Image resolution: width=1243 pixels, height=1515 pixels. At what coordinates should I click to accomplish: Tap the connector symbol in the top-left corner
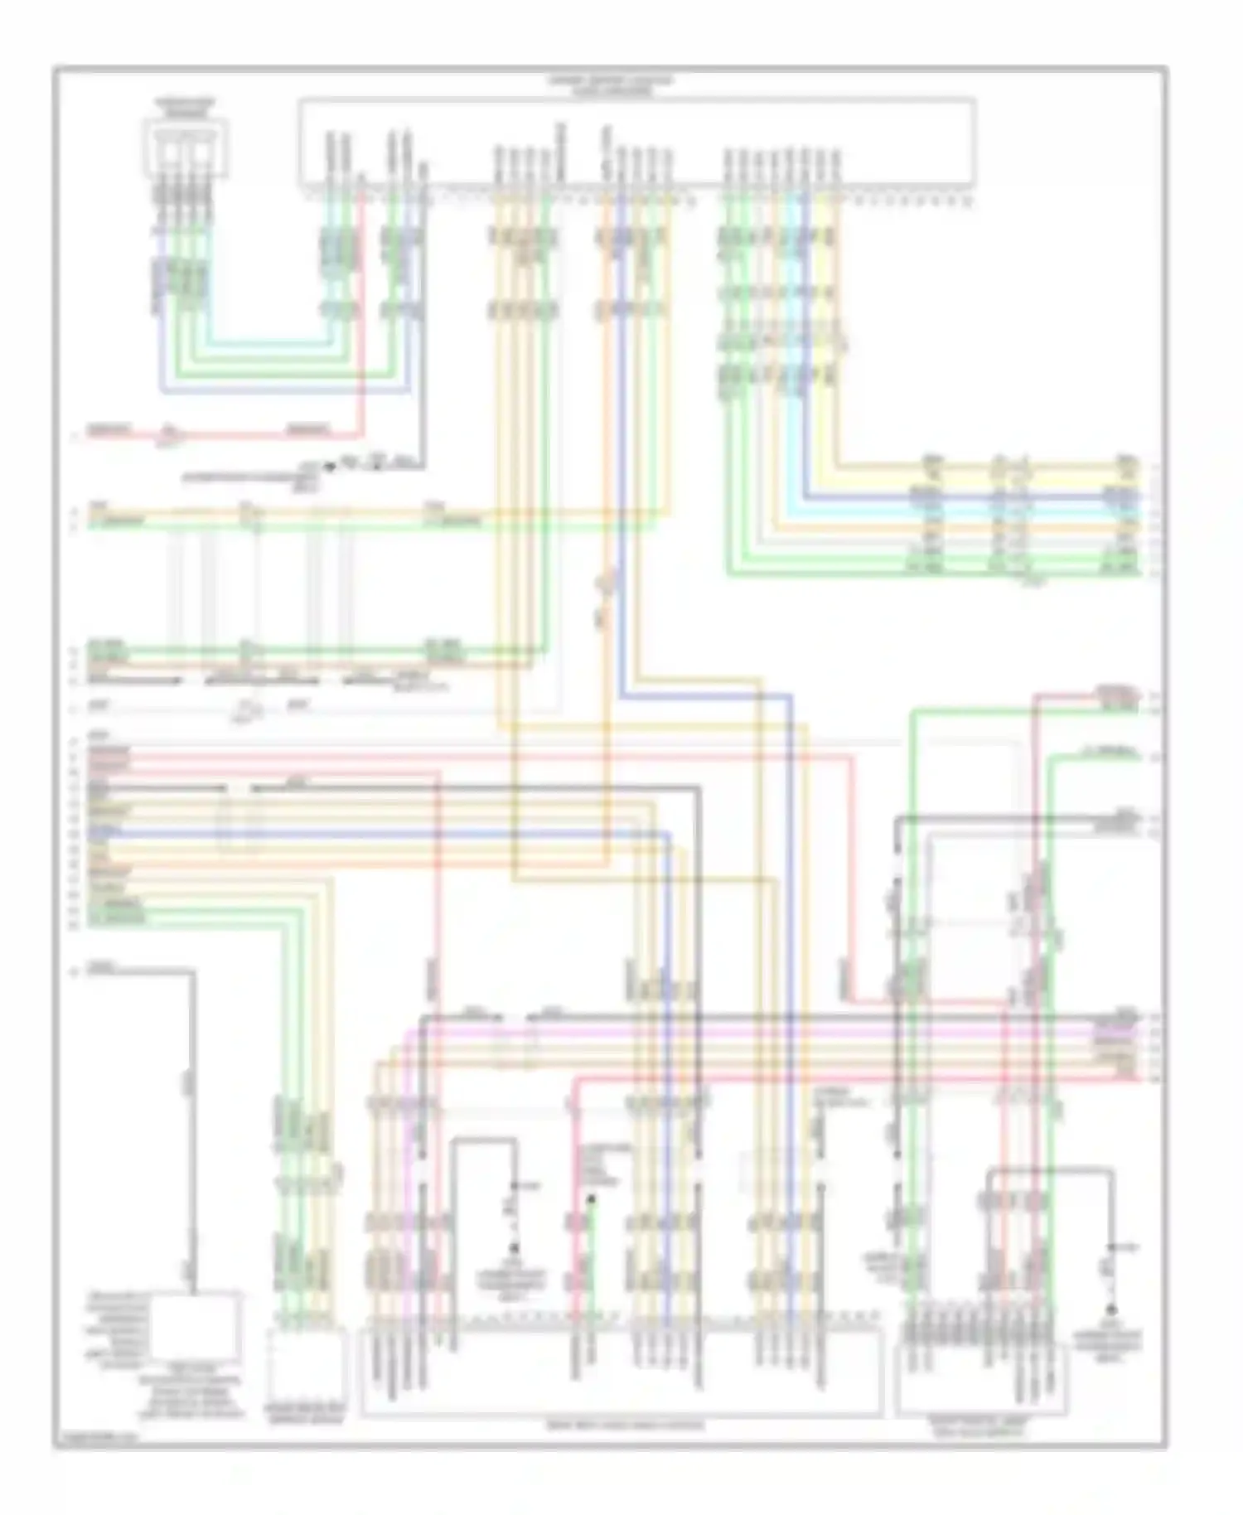tap(186, 149)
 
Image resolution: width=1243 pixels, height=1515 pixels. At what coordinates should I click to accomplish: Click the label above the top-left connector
tap(186, 107)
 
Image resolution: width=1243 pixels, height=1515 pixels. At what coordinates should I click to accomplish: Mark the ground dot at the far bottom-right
tap(1112, 1309)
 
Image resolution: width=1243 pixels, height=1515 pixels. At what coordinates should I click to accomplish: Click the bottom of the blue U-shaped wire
tap(282, 389)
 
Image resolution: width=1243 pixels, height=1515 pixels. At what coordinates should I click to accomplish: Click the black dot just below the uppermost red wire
tap(330, 467)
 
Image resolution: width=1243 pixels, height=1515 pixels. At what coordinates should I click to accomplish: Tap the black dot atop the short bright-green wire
tap(591, 1199)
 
